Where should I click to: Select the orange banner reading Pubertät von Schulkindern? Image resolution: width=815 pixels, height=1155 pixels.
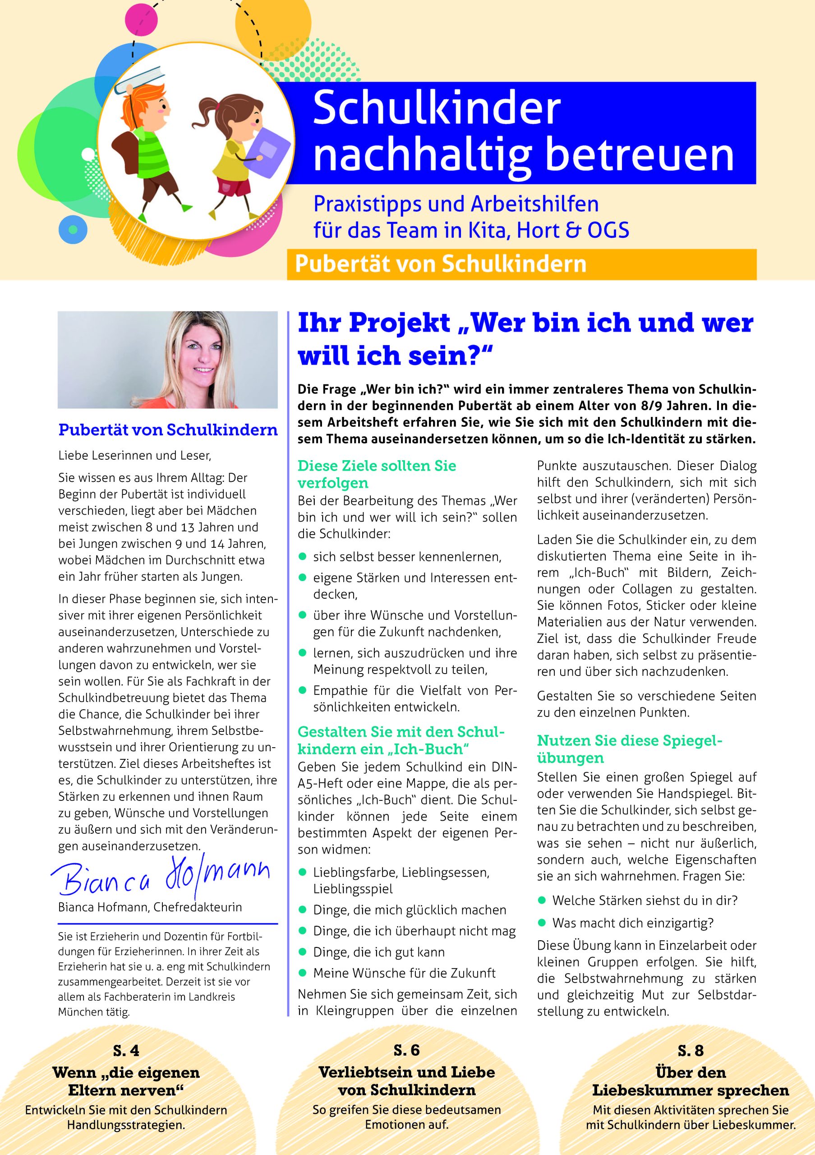point(521,264)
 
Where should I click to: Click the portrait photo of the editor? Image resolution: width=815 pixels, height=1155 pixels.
point(167,360)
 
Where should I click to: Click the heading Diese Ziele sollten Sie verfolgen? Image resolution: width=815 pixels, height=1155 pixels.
point(377,474)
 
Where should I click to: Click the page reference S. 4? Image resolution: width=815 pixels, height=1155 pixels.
point(126,1050)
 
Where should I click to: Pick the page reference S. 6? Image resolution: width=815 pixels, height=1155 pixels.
point(406,1050)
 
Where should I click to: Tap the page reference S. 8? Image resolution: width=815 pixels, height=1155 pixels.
point(691,1050)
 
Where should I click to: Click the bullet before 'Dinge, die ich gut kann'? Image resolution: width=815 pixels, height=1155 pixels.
point(303,952)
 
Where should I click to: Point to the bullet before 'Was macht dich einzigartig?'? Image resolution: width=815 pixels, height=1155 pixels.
point(542,923)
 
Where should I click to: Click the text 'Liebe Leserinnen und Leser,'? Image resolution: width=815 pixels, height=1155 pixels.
point(135,456)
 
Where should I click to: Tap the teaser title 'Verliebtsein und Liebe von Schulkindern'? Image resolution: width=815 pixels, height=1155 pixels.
point(406,1081)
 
